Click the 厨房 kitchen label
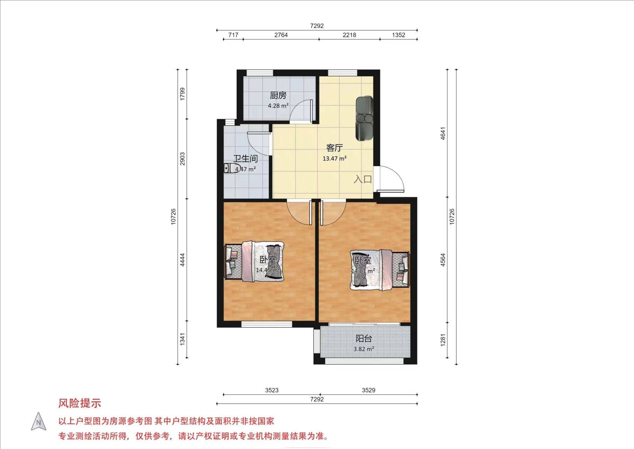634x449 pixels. [278, 95]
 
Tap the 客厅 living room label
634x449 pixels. [335, 148]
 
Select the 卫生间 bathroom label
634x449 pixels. [246, 159]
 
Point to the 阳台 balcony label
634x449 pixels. [364, 339]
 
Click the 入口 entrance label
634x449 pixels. [363, 179]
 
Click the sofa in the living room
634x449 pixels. [365, 118]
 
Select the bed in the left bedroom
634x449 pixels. [254, 261]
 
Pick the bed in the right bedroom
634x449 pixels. [380, 270]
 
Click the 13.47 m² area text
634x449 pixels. [335, 159]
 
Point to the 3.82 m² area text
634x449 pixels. [364, 349]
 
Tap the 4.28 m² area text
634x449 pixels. [278, 106]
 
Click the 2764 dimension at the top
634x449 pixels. [281, 35]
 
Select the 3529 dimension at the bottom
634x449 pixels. [368, 390]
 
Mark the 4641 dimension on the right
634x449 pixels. [443, 133]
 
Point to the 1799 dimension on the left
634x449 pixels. [182, 94]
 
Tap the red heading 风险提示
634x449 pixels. [80, 403]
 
